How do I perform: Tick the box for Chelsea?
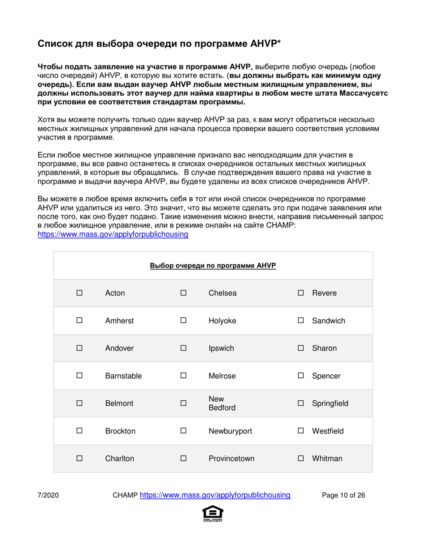183,294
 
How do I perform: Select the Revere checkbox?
301,294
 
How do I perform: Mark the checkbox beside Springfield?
301,403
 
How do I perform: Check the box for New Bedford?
183,403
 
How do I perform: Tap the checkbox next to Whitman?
301,459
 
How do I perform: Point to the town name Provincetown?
231,458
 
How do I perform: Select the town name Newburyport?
230,431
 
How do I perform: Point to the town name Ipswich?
222,348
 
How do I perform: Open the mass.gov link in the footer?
215,495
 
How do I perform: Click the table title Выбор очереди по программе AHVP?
213,265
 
